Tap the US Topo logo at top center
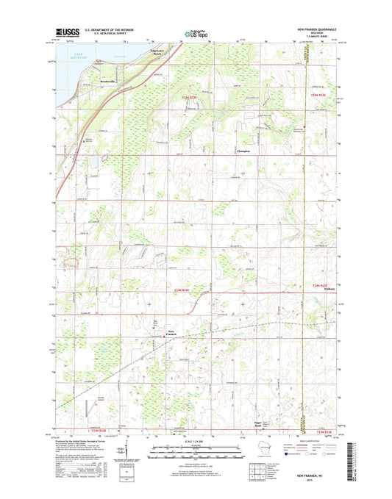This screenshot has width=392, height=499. [x=196, y=33]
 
